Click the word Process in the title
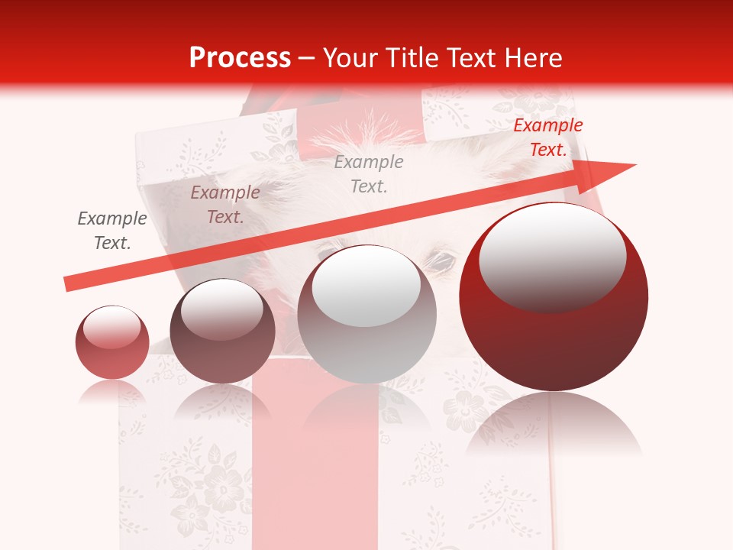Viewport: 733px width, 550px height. pos(240,57)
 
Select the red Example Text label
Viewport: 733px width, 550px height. pos(547,137)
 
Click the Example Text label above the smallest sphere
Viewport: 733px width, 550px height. pos(112,231)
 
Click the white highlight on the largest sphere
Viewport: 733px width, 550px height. pos(552,256)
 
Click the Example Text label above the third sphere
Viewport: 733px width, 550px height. pos(369,173)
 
